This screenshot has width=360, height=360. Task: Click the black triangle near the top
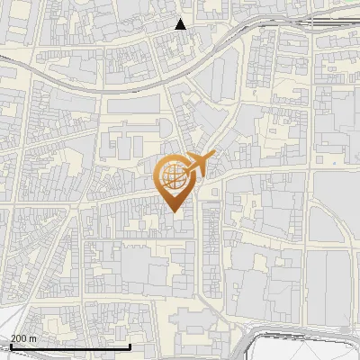181,24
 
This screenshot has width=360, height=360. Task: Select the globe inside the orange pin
175,176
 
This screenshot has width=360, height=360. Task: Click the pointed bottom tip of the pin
175,212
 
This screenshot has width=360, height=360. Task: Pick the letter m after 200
33,338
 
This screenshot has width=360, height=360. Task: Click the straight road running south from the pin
198,261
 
